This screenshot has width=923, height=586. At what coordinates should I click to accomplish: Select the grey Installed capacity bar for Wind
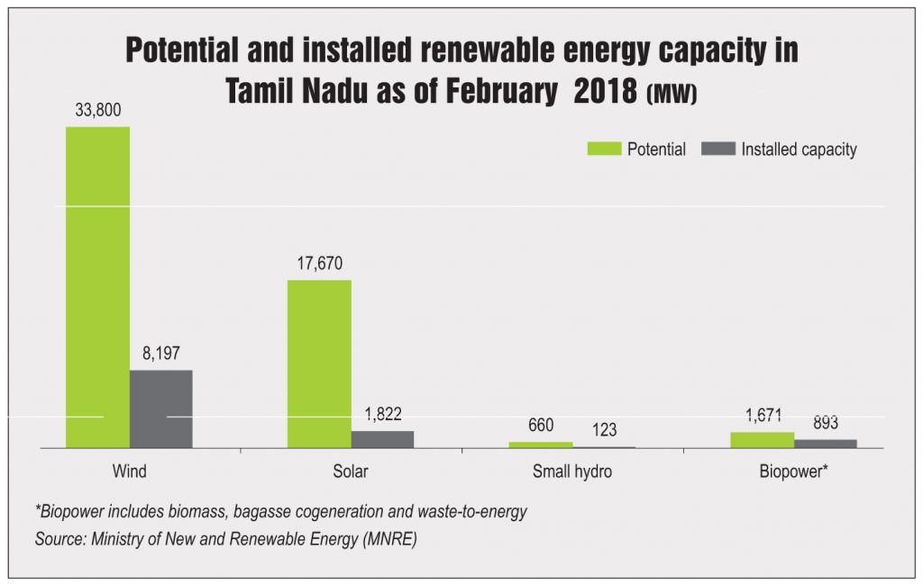pos(161,408)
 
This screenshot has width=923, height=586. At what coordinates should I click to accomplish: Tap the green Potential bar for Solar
pos(319,363)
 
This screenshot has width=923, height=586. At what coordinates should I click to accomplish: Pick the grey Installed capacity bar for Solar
pos(382,439)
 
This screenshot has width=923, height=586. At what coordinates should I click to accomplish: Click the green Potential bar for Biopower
pos(762,440)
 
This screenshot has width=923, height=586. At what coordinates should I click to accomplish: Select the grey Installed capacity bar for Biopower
pos(826,444)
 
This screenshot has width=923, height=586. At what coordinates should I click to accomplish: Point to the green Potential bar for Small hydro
pos(541,444)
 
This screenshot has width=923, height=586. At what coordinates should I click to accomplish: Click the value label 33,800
pos(97,111)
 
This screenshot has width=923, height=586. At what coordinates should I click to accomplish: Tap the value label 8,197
pos(161,353)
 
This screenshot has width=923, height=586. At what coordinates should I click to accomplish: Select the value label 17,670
pos(319,264)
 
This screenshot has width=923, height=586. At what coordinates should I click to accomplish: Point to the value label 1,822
pos(382,415)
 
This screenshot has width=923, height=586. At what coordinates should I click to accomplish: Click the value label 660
pos(541,426)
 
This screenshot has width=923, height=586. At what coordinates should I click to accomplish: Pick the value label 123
pos(604,430)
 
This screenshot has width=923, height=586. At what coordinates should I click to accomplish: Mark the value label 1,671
pos(762,416)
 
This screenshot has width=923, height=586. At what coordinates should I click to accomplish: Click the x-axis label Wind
pos(129,472)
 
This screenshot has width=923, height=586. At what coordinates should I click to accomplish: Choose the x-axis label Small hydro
pos(571,472)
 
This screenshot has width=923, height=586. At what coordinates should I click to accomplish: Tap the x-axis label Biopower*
pos(793,472)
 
